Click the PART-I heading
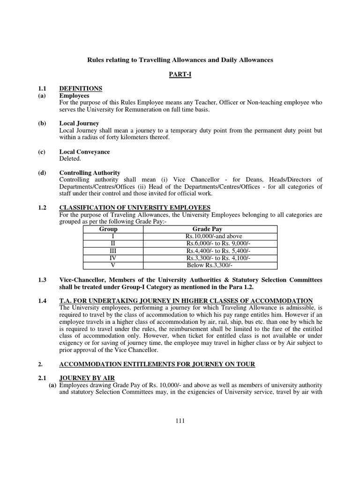click(x=180, y=75)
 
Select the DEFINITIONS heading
click(x=81, y=88)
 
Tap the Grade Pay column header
click(x=214, y=229)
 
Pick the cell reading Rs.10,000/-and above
click(x=214, y=236)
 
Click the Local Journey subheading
click(x=79, y=123)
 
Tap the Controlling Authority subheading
click(x=90, y=172)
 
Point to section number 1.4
click(x=42, y=300)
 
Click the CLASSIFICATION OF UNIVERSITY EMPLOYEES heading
click(x=135, y=208)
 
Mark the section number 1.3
click(x=42, y=279)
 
